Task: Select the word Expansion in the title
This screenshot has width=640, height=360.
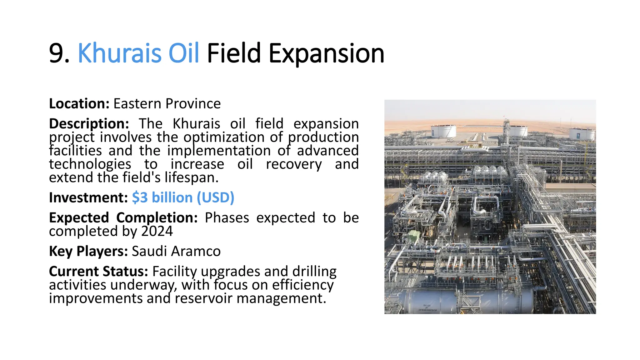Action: click(x=326, y=54)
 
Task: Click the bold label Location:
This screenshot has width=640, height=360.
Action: click(x=79, y=104)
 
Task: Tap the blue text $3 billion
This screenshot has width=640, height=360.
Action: click(x=162, y=197)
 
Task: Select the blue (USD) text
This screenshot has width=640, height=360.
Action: click(x=215, y=197)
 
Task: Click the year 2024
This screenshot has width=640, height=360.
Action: click(x=157, y=231)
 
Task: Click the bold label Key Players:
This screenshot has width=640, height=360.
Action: click(x=88, y=251)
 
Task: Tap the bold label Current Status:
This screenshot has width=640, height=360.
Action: click(x=98, y=271)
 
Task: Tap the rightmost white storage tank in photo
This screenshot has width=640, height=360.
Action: click(x=582, y=133)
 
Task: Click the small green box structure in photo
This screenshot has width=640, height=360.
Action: click(x=414, y=235)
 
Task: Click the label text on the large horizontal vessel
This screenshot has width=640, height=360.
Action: click(x=427, y=308)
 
